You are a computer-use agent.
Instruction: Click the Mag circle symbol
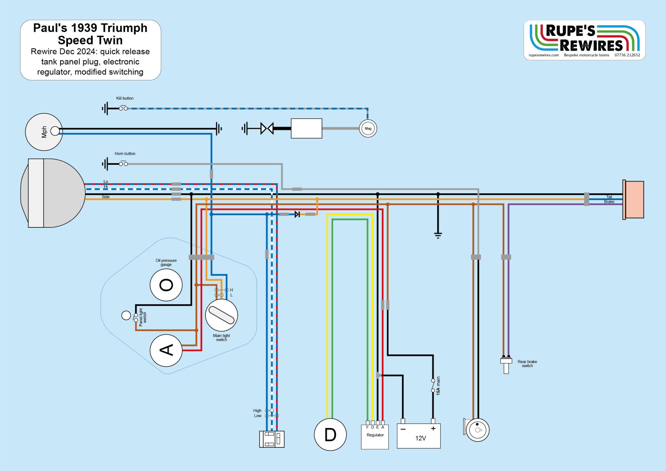coord(368,128)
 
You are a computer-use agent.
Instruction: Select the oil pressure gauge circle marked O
coord(166,285)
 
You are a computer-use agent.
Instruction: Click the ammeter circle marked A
coord(166,350)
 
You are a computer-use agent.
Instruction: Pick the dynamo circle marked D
coord(330,435)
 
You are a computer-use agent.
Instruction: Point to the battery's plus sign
coord(433,429)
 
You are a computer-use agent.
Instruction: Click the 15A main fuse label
coord(438,386)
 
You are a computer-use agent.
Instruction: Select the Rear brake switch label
coord(527,364)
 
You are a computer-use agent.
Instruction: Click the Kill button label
coord(125,98)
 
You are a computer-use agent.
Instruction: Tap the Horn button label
coord(125,154)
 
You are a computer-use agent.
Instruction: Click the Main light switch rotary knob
coord(221,315)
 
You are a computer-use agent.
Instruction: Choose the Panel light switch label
coord(143,317)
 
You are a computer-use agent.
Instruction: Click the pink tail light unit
coord(634,200)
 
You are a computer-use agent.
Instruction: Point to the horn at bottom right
coord(477,430)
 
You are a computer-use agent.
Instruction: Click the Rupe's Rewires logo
coord(584,38)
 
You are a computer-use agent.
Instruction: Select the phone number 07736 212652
coord(627,55)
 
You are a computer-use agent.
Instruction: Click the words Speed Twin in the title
coord(90,40)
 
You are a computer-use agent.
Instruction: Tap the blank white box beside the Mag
coord(306,128)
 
